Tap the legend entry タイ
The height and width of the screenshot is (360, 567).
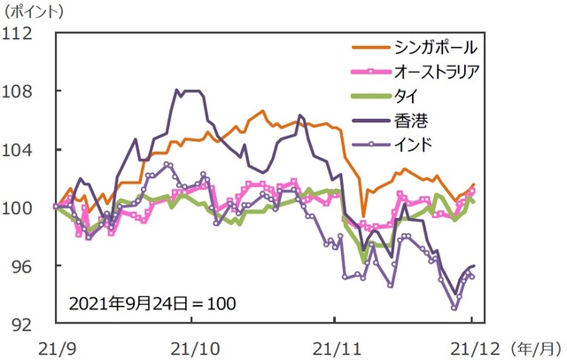pos(400,92)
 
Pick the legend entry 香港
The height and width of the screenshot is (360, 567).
pos(400,115)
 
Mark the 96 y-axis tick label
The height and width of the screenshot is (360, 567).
pos(21,266)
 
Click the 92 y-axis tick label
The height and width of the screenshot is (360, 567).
pos(21,324)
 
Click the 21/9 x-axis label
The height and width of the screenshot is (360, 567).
pos(55,343)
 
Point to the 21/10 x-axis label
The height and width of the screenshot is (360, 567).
pos(194,343)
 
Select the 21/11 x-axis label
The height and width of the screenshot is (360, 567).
pos(334,343)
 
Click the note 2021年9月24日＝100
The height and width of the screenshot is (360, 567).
pos(152,302)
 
